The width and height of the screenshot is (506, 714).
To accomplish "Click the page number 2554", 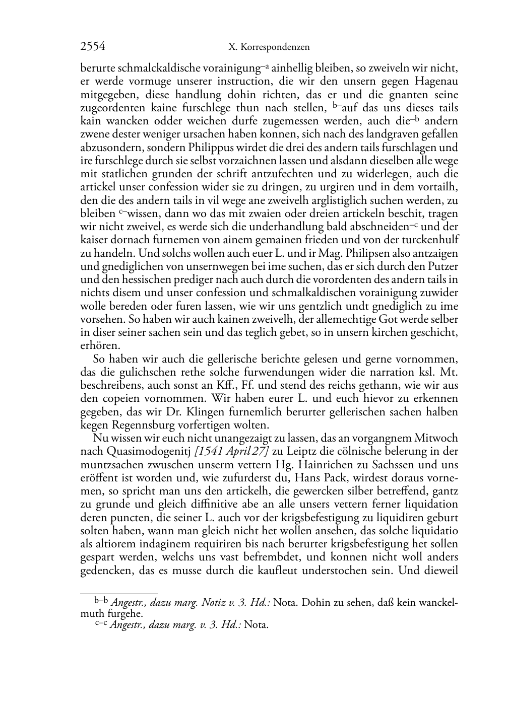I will tap(93, 47).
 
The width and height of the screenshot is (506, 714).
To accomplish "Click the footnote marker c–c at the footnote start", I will tap(101, 625).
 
